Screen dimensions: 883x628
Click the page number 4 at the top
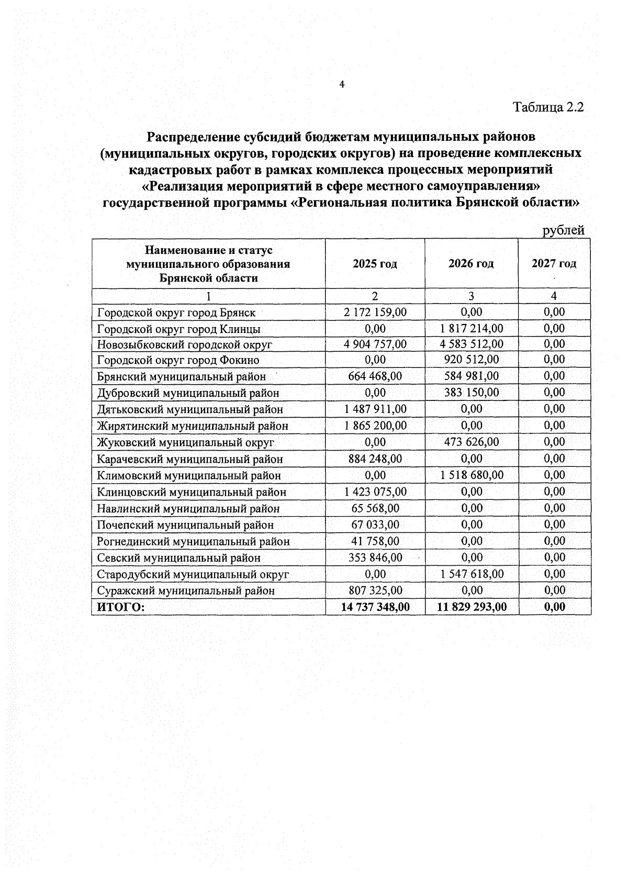pyautogui.click(x=342, y=85)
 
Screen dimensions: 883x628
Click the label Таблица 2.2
pyautogui.click(x=548, y=107)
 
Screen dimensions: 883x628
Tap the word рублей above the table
pyautogui.click(x=563, y=230)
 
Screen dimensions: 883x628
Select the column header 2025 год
pyautogui.click(x=375, y=263)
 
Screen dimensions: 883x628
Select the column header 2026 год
pyautogui.click(x=471, y=263)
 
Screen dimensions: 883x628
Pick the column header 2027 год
pyautogui.click(x=554, y=263)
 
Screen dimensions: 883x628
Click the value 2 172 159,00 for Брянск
pyautogui.click(x=375, y=312)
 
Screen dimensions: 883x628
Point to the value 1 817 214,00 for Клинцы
pyautogui.click(x=471, y=329)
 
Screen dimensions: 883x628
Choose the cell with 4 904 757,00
pyautogui.click(x=375, y=344)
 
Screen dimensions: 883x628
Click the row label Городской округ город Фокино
pyautogui.click(x=178, y=361)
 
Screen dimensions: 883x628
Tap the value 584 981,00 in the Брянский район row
pyautogui.click(x=471, y=376)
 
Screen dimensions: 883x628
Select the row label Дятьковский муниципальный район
pyautogui.click(x=190, y=409)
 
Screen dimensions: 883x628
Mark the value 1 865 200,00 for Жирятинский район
pyautogui.click(x=375, y=426)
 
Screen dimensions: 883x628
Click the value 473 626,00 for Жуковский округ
pyautogui.click(x=471, y=442)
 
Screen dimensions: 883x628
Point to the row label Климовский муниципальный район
pyautogui.click(x=189, y=476)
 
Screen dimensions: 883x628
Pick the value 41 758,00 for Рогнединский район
pyautogui.click(x=375, y=541)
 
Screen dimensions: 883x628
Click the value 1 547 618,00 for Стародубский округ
pyautogui.click(x=471, y=574)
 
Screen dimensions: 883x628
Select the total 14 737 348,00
pyautogui.click(x=375, y=607)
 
